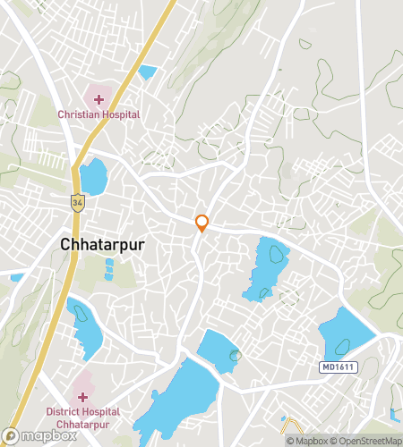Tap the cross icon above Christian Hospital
click(98, 97)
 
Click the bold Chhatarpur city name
click(102, 243)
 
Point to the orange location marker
click(202, 223)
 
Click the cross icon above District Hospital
click(82, 396)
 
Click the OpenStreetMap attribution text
click(367, 440)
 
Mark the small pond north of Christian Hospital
click(147, 72)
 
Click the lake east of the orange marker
click(266, 266)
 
